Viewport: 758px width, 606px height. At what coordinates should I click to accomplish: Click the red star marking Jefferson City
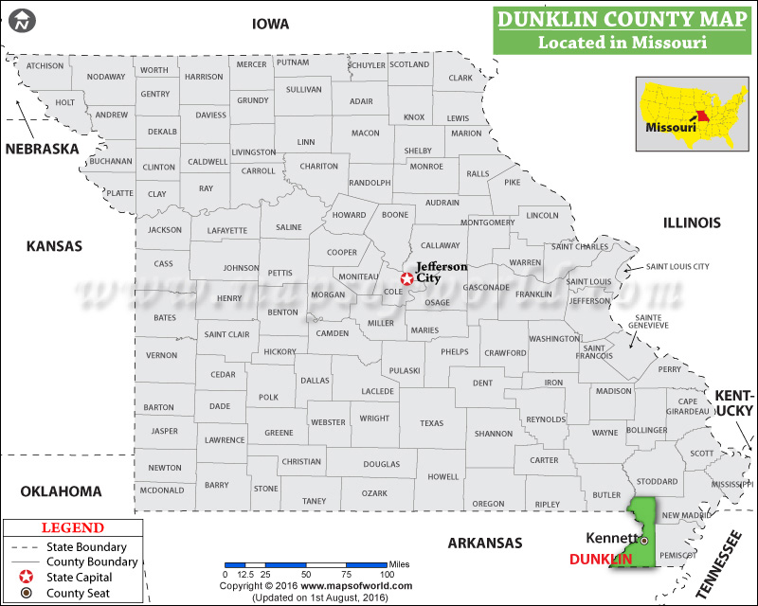point(406,278)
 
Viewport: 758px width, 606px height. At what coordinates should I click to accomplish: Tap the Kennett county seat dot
point(643,541)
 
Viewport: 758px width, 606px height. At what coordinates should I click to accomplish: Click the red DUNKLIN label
point(601,560)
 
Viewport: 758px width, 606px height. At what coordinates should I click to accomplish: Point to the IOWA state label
point(270,24)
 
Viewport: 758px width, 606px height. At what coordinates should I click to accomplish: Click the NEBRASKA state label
point(42,149)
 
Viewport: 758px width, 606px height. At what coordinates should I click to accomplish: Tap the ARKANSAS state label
point(485,543)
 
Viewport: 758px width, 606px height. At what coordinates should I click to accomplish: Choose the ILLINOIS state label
point(692,223)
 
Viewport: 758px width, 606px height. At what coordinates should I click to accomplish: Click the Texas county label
point(431,423)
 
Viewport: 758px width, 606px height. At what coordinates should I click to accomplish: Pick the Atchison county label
point(45,65)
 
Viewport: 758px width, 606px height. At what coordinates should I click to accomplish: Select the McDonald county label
point(161,490)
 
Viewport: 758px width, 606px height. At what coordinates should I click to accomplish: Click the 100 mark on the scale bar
point(387,574)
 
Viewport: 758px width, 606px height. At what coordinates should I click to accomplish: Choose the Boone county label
point(394,216)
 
